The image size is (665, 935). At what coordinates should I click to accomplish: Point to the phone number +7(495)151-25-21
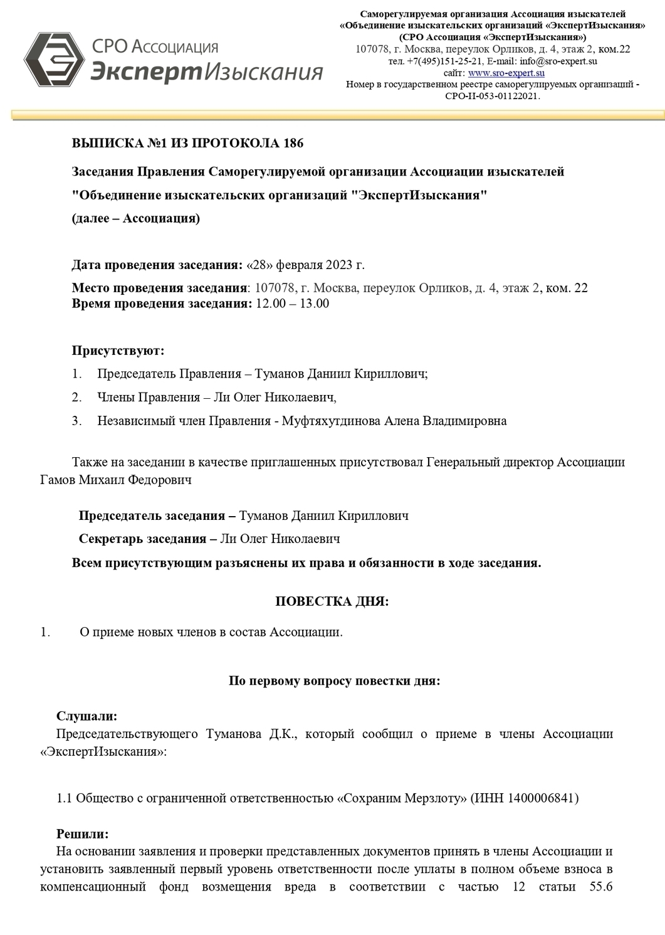[x=444, y=61]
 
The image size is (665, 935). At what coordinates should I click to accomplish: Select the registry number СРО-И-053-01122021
[x=492, y=96]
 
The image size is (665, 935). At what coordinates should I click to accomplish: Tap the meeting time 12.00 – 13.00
[x=291, y=304]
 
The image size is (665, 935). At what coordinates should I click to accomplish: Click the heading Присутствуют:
[x=118, y=351]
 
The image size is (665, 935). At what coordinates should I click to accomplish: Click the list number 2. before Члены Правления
[x=76, y=397]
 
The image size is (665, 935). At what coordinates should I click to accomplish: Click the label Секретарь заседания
[x=142, y=539]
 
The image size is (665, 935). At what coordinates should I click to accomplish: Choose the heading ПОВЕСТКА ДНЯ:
[x=332, y=601]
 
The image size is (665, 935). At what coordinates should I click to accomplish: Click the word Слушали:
[x=87, y=716]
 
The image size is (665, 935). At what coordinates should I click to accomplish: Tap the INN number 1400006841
[x=542, y=798]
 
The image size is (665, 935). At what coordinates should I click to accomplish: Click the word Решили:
[x=82, y=834]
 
